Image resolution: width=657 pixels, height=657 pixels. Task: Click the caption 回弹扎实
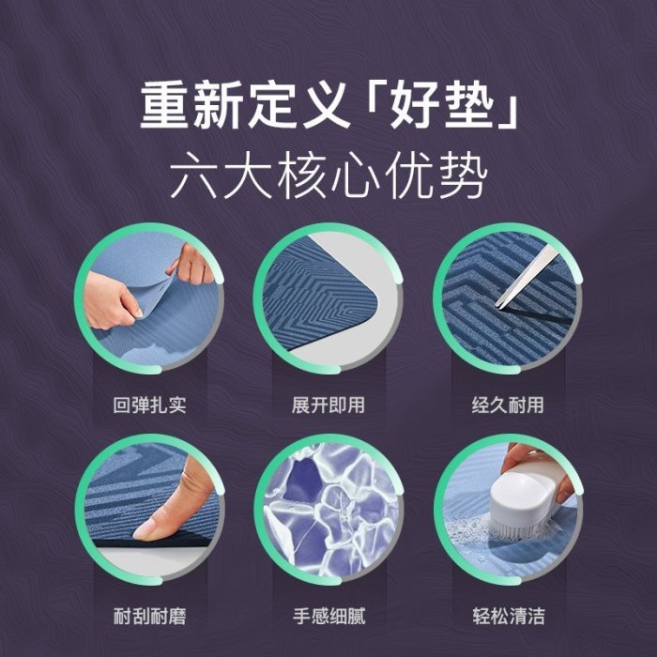tap(149, 405)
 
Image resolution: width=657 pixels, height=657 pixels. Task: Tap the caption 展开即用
tap(328, 405)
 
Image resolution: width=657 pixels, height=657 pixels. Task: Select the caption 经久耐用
tap(508, 405)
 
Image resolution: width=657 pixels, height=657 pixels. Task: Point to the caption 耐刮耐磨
tap(149, 616)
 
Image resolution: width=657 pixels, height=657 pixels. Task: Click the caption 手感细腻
tap(328, 616)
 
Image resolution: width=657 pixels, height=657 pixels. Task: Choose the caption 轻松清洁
tap(509, 616)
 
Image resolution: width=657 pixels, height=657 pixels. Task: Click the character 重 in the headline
tap(164, 105)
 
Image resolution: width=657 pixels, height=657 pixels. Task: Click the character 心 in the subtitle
tap(356, 176)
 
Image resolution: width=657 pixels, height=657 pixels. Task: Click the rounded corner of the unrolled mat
tap(369, 301)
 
